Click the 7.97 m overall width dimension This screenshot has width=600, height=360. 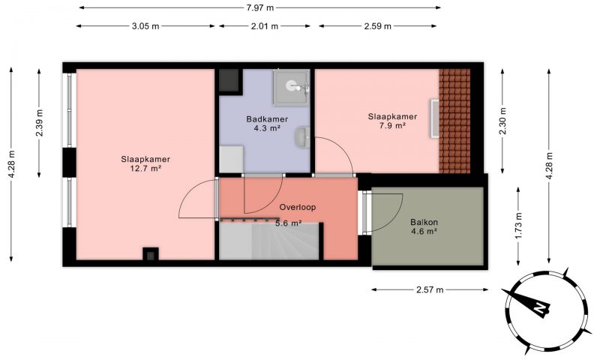pyautogui.click(x=259, y=7)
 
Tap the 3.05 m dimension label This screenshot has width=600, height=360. pyautogui.click(x=145, y=26)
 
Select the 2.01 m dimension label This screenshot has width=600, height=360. pyautogui.click(x=265, y=26)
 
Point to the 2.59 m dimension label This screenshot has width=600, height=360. pyautogui.click(x=378, y=26)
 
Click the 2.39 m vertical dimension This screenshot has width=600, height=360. pyautogui.click(x=39, y=123)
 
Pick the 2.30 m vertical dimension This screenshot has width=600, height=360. pyautogui.click(x=502, y=121)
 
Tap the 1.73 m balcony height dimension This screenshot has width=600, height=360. pyautogui.click(x=518, y=226)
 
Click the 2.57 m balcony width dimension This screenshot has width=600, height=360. pyautogui.click(x=430, y=289)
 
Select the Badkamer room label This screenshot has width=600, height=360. pyautogui.click(x=267, y=119)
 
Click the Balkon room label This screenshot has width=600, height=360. pyautogui.click(x=424, y=222)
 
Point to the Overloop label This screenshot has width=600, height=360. pyautogui.click(x=298, y=207)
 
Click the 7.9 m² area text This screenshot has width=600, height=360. pyautogui.click(x=392, y=125)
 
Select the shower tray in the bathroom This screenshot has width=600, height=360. pyautogui.click(x=291, y=87)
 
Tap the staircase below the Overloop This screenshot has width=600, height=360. pyautogui.click(x=269, y=241)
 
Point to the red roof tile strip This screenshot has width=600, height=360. pyautogui.click(x=454, y=121)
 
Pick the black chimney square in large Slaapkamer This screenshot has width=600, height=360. pyautogui.click(x=151, y=254)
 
